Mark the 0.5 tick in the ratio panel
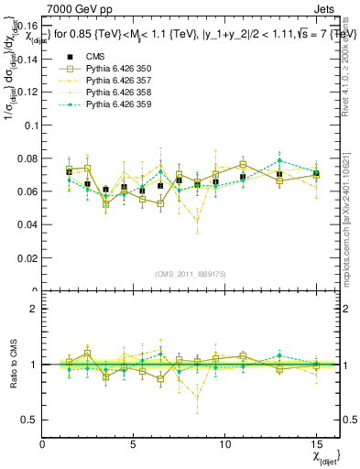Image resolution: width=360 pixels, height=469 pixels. [30, 420]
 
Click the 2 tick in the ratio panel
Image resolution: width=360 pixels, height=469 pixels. [34, 309]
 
